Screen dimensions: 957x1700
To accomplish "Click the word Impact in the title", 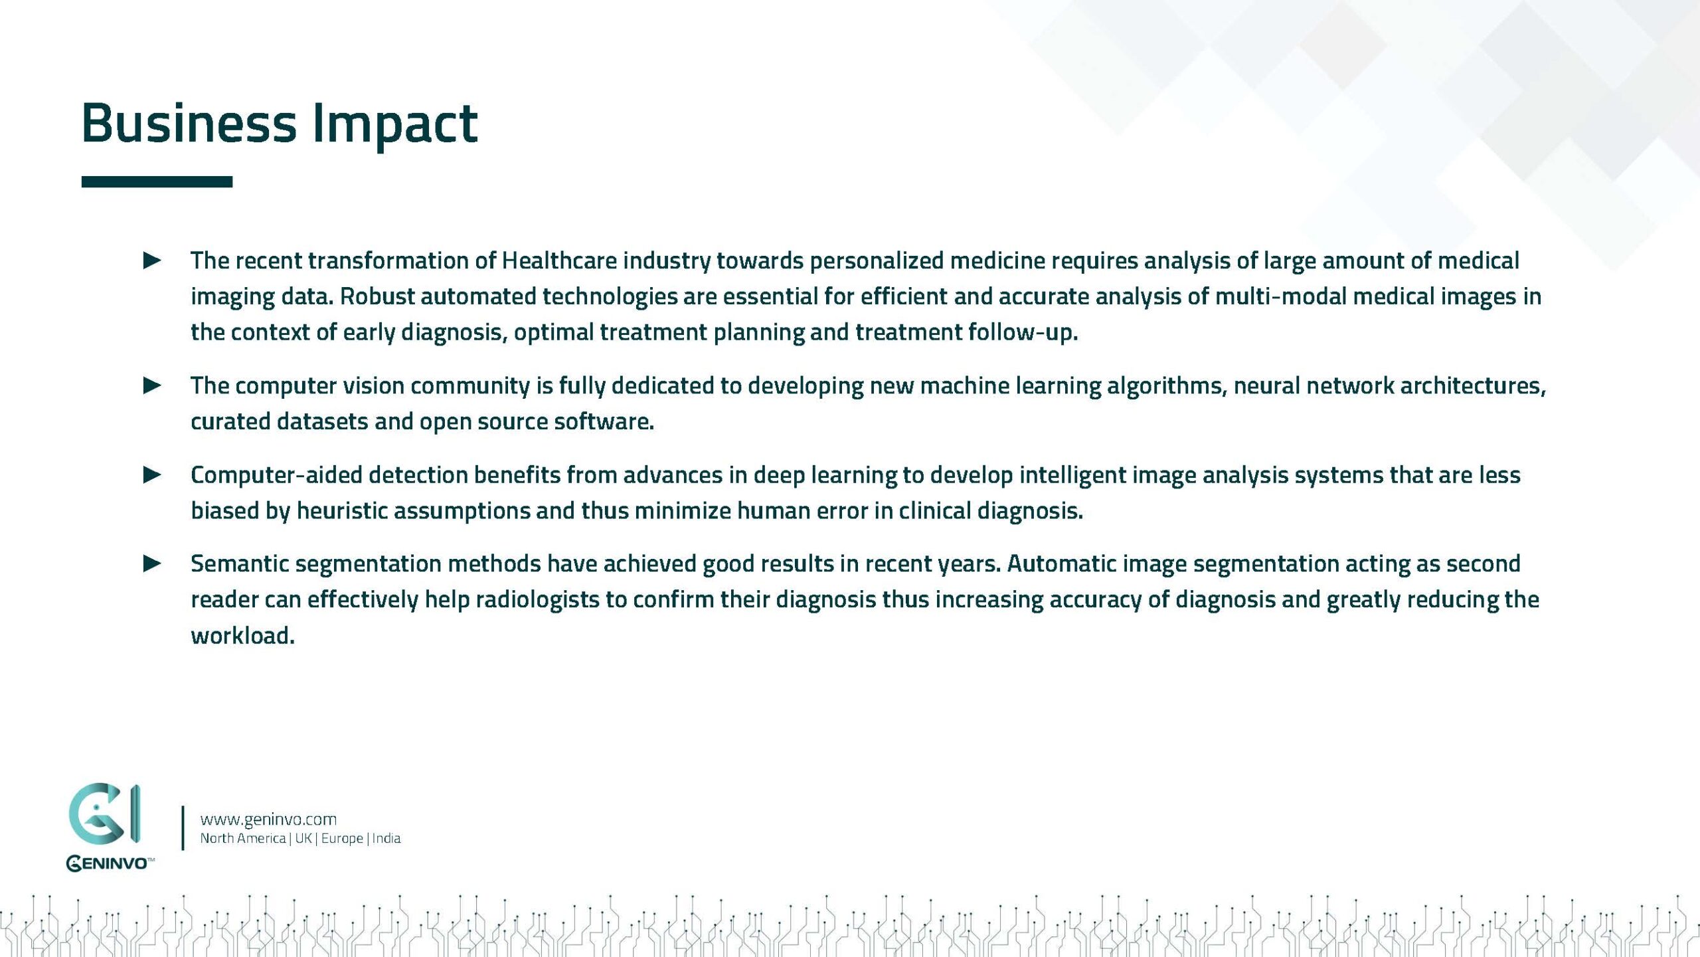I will (394, 124).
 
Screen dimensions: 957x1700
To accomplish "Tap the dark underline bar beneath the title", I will (157, 181).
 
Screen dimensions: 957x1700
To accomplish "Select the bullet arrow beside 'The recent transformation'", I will (152, 261).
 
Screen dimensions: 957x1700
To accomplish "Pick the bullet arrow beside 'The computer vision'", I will (152, 385).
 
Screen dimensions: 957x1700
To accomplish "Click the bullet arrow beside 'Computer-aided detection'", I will (152, 475).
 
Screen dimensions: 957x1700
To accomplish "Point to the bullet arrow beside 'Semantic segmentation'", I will (152, 564).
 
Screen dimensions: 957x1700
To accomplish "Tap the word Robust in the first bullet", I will (377, 296).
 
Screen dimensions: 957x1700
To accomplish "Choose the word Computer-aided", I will (276, 475).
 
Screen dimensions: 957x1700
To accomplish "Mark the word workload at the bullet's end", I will (242, 635).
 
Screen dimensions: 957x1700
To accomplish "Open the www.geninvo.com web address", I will (268, 819).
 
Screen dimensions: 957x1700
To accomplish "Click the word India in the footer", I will (386, 838).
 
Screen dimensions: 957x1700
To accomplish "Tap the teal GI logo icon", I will (104, 813).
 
